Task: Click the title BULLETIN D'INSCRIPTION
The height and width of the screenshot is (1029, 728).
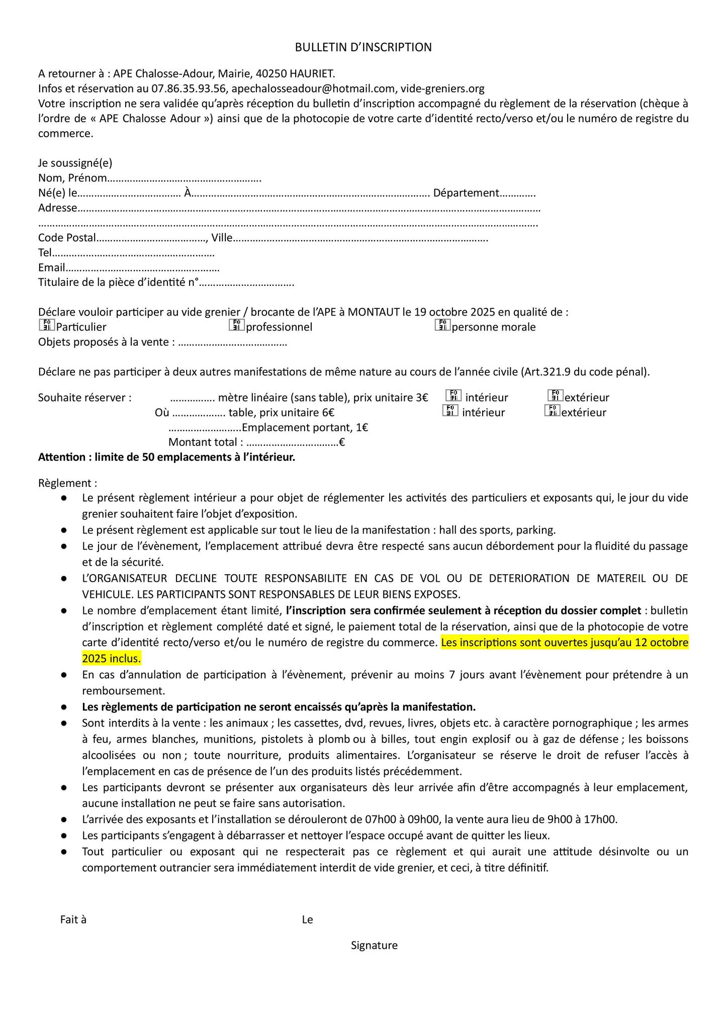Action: coord(363,47)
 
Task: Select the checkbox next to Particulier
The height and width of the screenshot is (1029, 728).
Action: coord(46,326)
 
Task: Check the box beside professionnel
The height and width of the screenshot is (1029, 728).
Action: coord(236,326)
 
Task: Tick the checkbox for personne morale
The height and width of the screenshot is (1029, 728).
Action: coord(442,326)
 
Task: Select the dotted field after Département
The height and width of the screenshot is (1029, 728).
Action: coord(518,194)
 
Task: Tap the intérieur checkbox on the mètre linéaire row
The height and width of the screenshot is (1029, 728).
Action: coord(453,396)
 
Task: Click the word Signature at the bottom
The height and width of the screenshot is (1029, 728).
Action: coord(374,945)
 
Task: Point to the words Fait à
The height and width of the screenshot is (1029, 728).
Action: coord(73,919)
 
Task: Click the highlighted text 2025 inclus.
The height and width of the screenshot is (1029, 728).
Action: coord(112,658)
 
